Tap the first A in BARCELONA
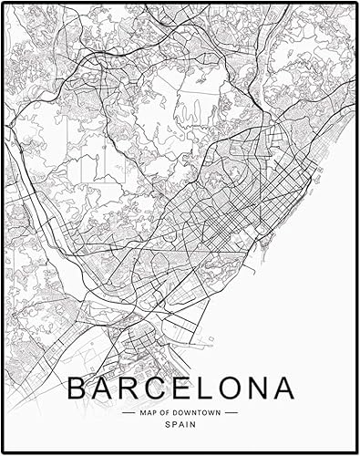[x=101, y=389]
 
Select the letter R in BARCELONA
[x=127, y=389]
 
